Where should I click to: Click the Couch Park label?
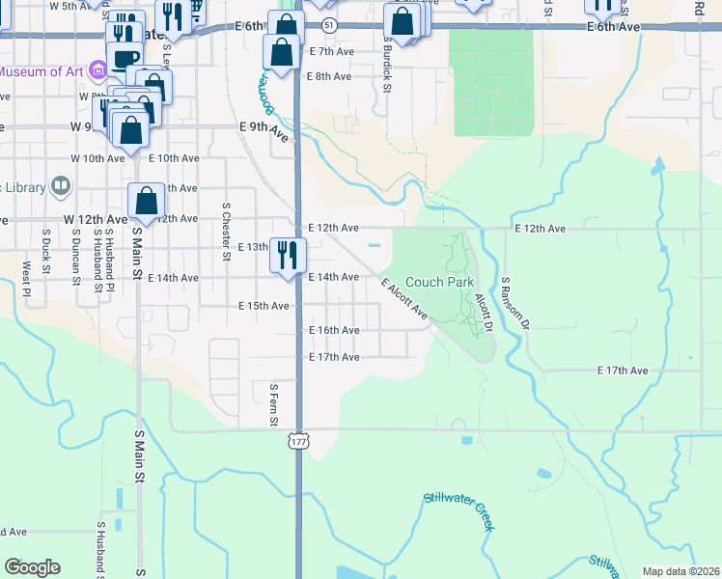439,283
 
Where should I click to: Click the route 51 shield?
330,23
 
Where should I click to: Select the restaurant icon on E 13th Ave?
288,255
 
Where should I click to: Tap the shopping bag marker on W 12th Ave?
146,201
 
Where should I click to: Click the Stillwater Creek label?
458,510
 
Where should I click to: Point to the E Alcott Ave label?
404,299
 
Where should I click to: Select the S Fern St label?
274,404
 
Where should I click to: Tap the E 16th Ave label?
334,330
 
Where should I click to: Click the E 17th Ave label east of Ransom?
623,371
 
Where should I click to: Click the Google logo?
32,567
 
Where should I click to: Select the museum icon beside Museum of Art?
96,70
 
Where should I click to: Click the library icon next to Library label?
61,184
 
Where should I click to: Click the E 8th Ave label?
329,76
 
